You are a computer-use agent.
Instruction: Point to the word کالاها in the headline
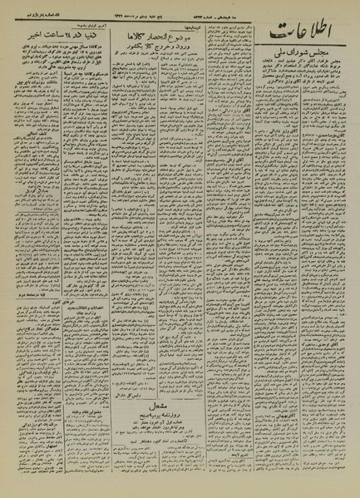145,39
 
